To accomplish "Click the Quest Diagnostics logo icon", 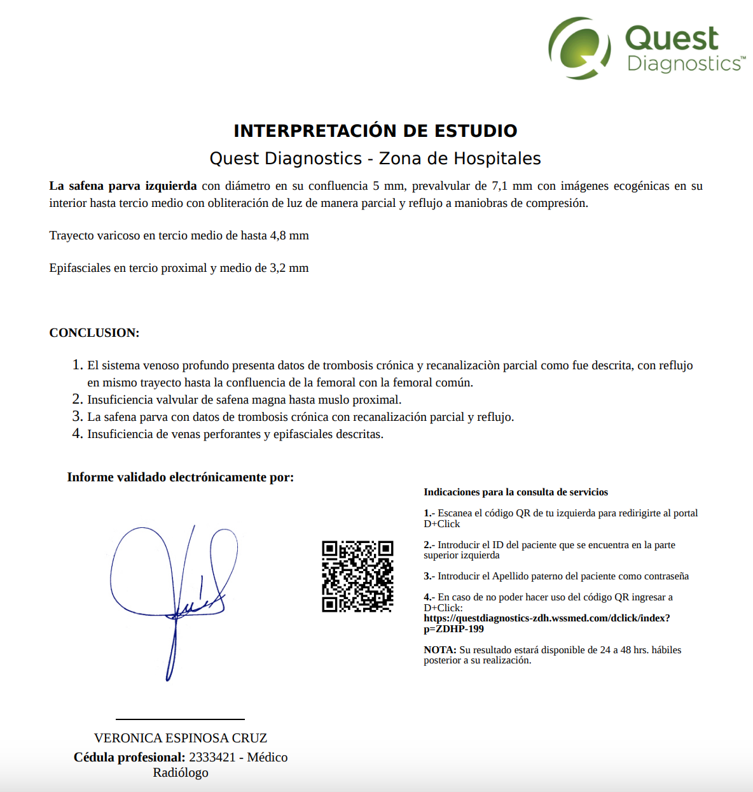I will (579, 48).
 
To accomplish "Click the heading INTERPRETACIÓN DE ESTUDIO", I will (375, 131).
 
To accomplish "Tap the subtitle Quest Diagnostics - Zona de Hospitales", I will (375, 159).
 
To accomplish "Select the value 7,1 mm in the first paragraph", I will (512, 186).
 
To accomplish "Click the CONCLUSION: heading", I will (94, 333).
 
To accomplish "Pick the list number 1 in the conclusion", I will (77, 365).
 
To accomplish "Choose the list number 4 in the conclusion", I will (77, 434).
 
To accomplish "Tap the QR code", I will (357, 576).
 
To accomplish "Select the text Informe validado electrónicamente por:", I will (181, 477).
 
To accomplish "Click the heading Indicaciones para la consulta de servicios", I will (516, 492).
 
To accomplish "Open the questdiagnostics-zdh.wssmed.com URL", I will (547, 618).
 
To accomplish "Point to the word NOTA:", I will (440, 650).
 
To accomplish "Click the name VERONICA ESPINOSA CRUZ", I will (181, 738).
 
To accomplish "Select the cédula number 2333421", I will (212, 757).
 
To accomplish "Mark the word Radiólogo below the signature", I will (181, 773).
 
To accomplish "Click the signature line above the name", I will (180, 719).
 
